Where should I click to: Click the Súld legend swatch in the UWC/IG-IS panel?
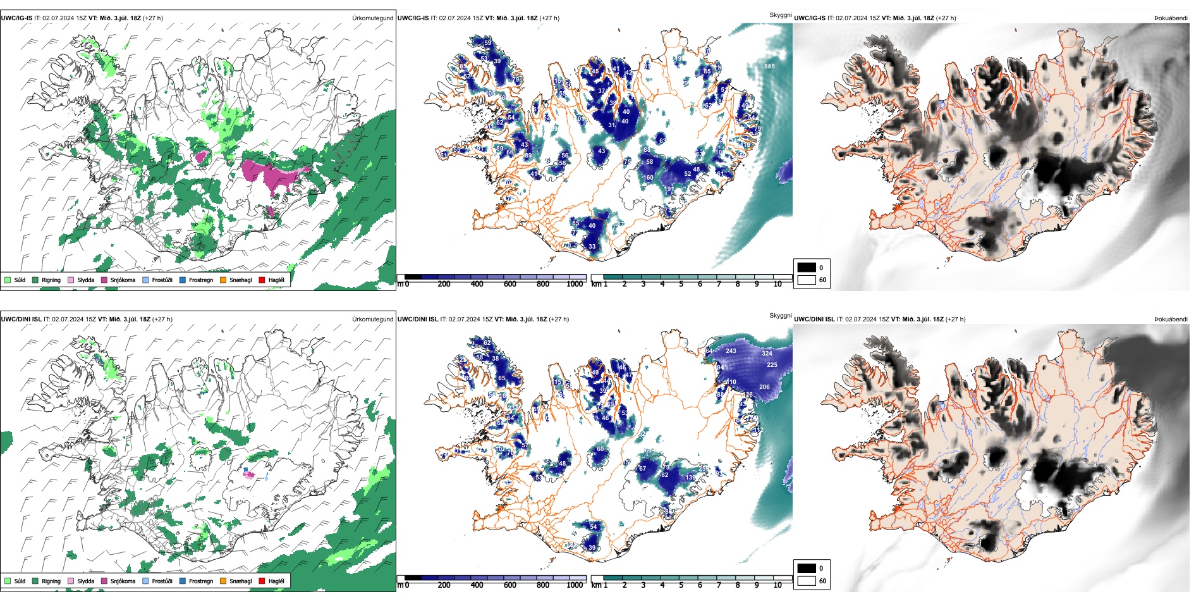pyautogui.click(x=8, y=280)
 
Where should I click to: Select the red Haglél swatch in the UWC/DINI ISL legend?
pyautogui.click(x=262, y=581)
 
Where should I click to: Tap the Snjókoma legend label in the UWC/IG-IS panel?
pyautogui.click(x=123, y=280)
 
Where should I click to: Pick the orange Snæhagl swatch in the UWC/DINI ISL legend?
pyautogui.click(x=223, y=581)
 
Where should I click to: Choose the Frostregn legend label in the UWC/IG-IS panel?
pyautogui.click(x=200, y=280)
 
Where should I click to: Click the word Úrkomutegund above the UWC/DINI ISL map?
pyautogui.click(x=372, y=319)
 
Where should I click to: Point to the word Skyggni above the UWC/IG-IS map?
pyautogui.click(x=780, y=15)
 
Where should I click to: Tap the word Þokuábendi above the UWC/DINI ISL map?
pyautogui.click(x=1171, y=319)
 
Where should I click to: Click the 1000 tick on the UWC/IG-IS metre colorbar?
pyautogui.click(x=575, y=284)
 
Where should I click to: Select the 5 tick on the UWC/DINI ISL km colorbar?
pyautogui.click(x=681, y=585)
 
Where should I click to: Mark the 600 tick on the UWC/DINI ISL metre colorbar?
pyautogui.click(x=510, y=585)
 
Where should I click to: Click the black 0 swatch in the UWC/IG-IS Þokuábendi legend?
pyautogui.click(x=807, y=268)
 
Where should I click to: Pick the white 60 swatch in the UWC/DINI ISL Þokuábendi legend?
pyautogui.click(x=807, y=581)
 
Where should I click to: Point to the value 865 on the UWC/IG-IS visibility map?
pyautogui.click(x=769, y=66)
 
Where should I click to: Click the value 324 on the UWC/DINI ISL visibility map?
pyautogui.click(x=767, y=354)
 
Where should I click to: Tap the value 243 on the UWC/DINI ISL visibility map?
pyautogui.click(x=731, y=351)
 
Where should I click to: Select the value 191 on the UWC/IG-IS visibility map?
pyautogui.click(x=669, y=189)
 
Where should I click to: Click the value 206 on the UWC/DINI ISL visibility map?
pyautogui.click(x=764, y=387)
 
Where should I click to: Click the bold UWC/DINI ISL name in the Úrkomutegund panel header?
pyautogui.click(x=21, y=319)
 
